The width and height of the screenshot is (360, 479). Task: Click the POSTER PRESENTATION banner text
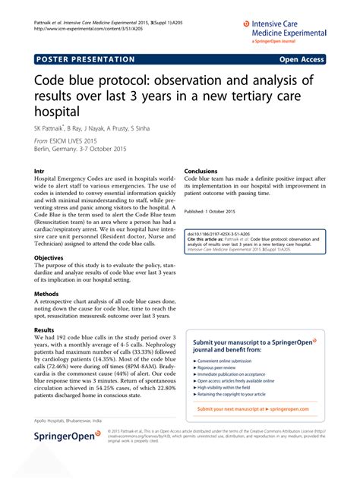click(x=84, y=58)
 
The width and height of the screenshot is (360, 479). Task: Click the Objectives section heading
click(x=50, y=258)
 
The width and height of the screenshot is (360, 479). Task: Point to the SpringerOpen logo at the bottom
click(x=64, y=458)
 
